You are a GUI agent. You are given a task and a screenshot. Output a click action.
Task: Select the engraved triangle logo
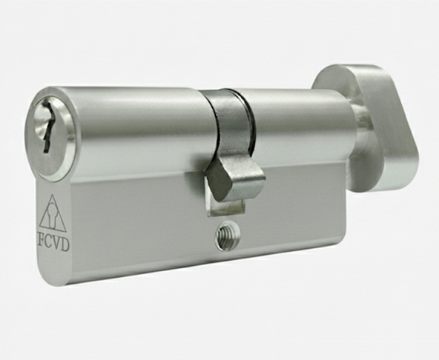pyautogui.click(x=53, y=213)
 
